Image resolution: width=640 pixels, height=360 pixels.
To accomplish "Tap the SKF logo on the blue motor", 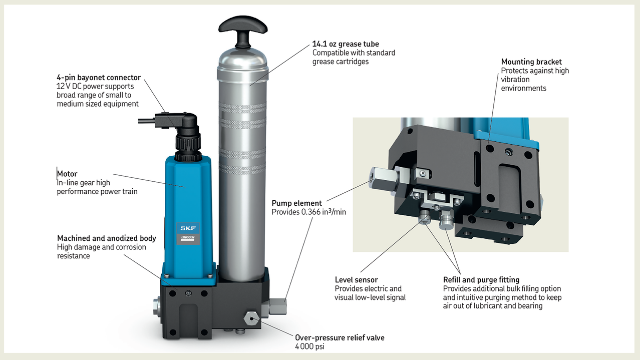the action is (x=188, y=228).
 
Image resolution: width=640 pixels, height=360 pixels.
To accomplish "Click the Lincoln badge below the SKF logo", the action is (x=188, y=239).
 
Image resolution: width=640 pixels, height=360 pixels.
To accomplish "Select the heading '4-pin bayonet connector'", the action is (x=99, y=78).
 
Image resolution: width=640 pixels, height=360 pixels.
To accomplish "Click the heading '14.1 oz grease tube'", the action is (x=346, y=44).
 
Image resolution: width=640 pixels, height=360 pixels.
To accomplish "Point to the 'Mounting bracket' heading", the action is (x=531, y=62).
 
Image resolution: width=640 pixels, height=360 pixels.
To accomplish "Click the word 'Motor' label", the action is (x=67, y=174).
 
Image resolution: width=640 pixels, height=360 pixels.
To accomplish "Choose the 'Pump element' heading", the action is (x=296, y=203).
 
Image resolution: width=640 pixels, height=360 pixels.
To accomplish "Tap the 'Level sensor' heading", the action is (x=356, y=280).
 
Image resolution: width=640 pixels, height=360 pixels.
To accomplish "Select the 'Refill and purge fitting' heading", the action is (x=481, y=280).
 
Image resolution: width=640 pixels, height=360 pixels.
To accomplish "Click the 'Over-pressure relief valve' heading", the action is (x=340, y=337).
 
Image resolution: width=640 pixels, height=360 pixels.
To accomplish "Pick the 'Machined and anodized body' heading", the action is (x=107, y=238).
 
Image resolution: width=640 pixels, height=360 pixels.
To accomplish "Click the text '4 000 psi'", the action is (x=309, y=346).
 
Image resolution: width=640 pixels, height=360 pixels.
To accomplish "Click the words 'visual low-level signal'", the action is (x=370, y=297).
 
